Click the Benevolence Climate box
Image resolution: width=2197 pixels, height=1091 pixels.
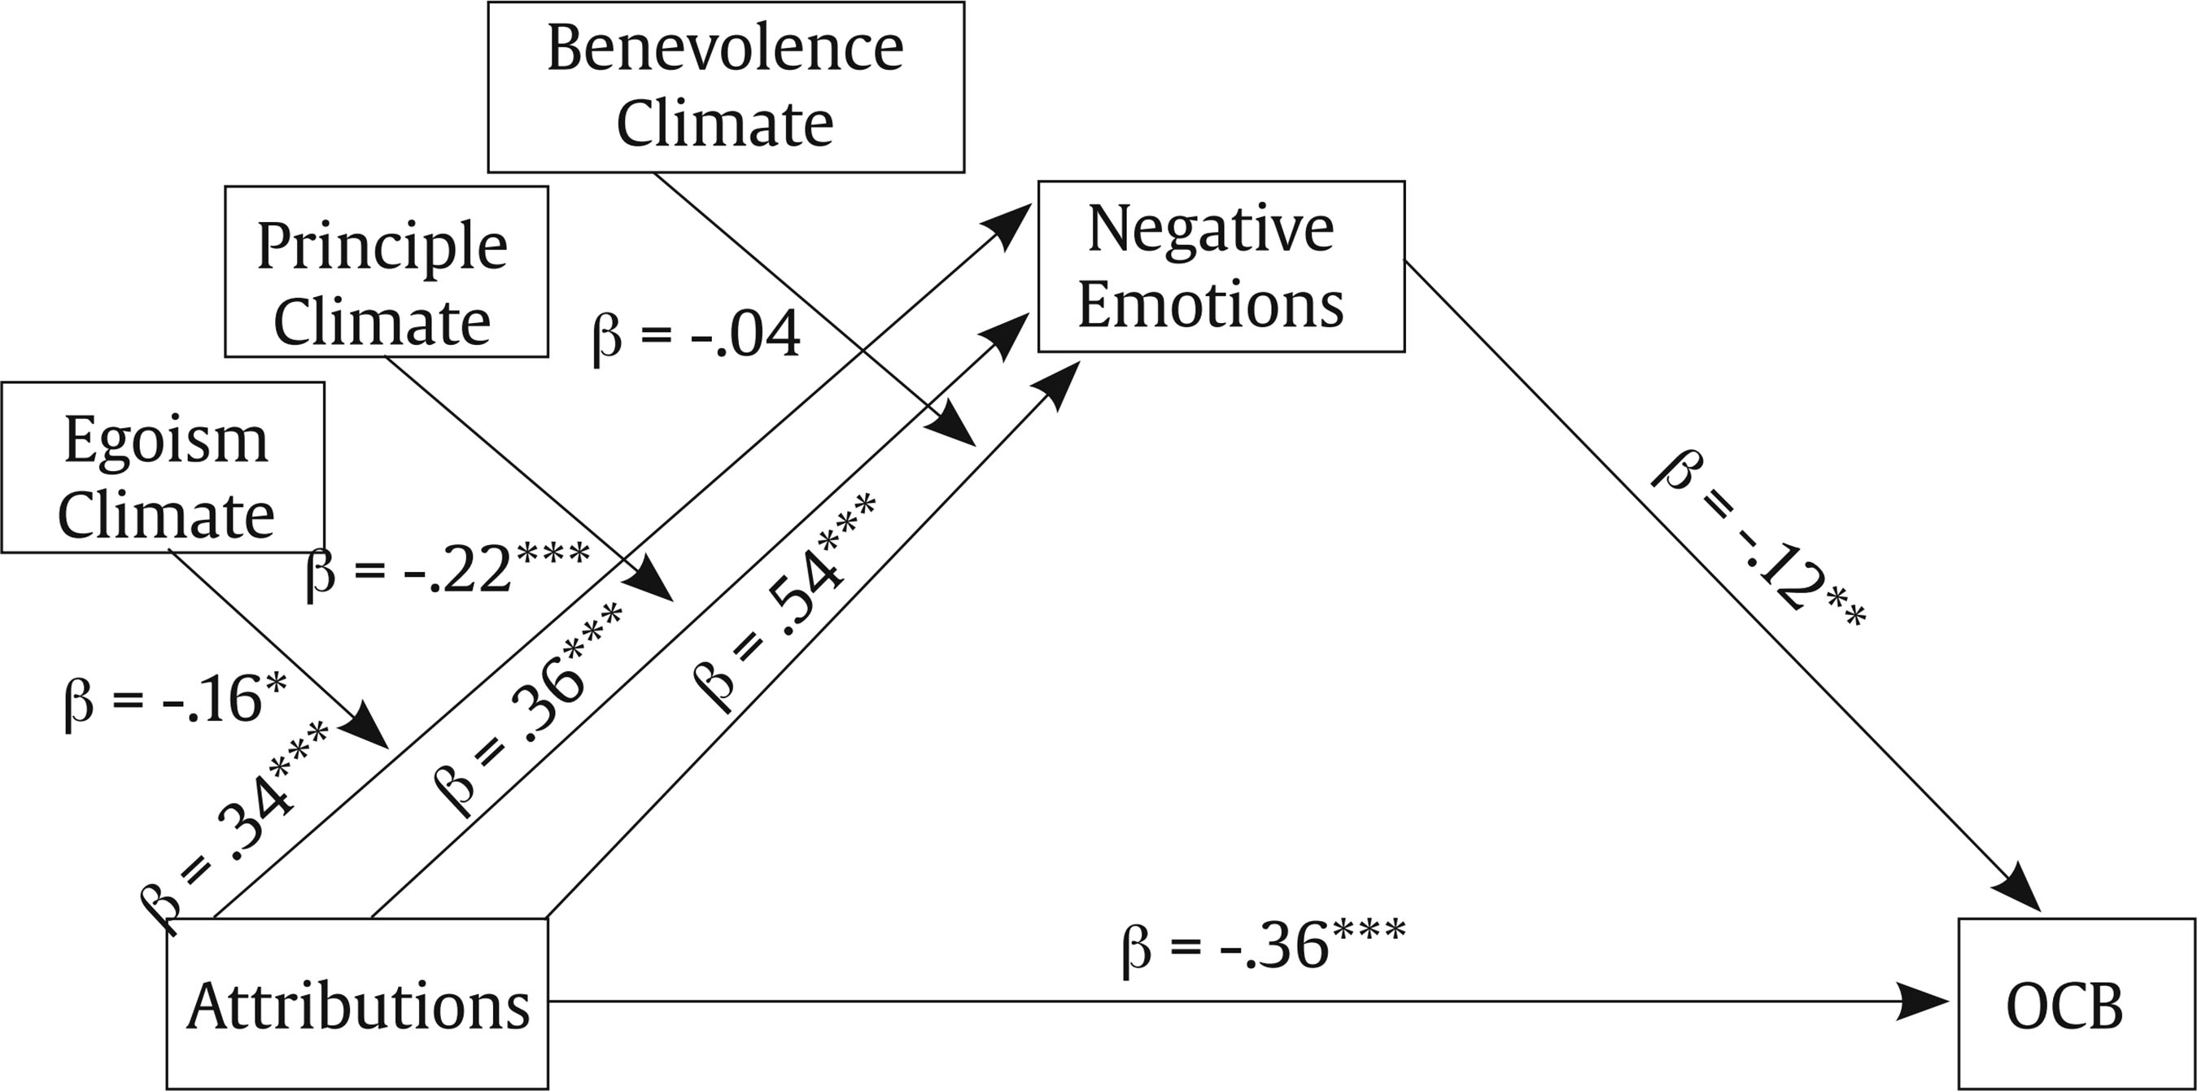tap(726, 86)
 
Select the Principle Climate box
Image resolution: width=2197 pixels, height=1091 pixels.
tap(386, 271)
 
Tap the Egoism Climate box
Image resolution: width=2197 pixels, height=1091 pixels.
tap(163, 467)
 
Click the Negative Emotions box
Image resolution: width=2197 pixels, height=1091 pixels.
tap(1221, 266)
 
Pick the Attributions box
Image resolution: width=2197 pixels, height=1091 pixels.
tap(357, 1003)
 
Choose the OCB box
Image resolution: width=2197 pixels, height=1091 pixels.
tap(2075, 1003)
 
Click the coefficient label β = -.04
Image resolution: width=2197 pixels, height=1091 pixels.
tap(696, 334)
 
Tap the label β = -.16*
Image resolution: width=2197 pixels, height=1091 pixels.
tap(175, 699)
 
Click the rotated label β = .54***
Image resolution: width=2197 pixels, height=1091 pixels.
tap(783, 602)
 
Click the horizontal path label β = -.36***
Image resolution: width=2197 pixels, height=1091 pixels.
tap(1263, 946)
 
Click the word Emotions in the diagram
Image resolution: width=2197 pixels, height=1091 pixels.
tap(1211, 304)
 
